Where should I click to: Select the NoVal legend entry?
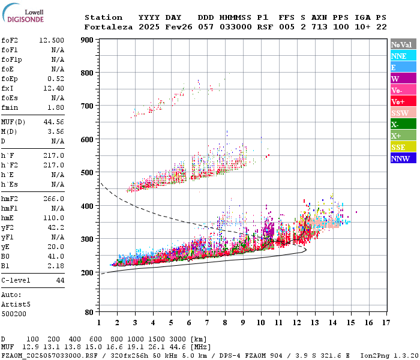[401, 44]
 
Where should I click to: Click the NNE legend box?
[401, 56]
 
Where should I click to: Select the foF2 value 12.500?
[52, 40]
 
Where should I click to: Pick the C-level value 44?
[60, 280]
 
